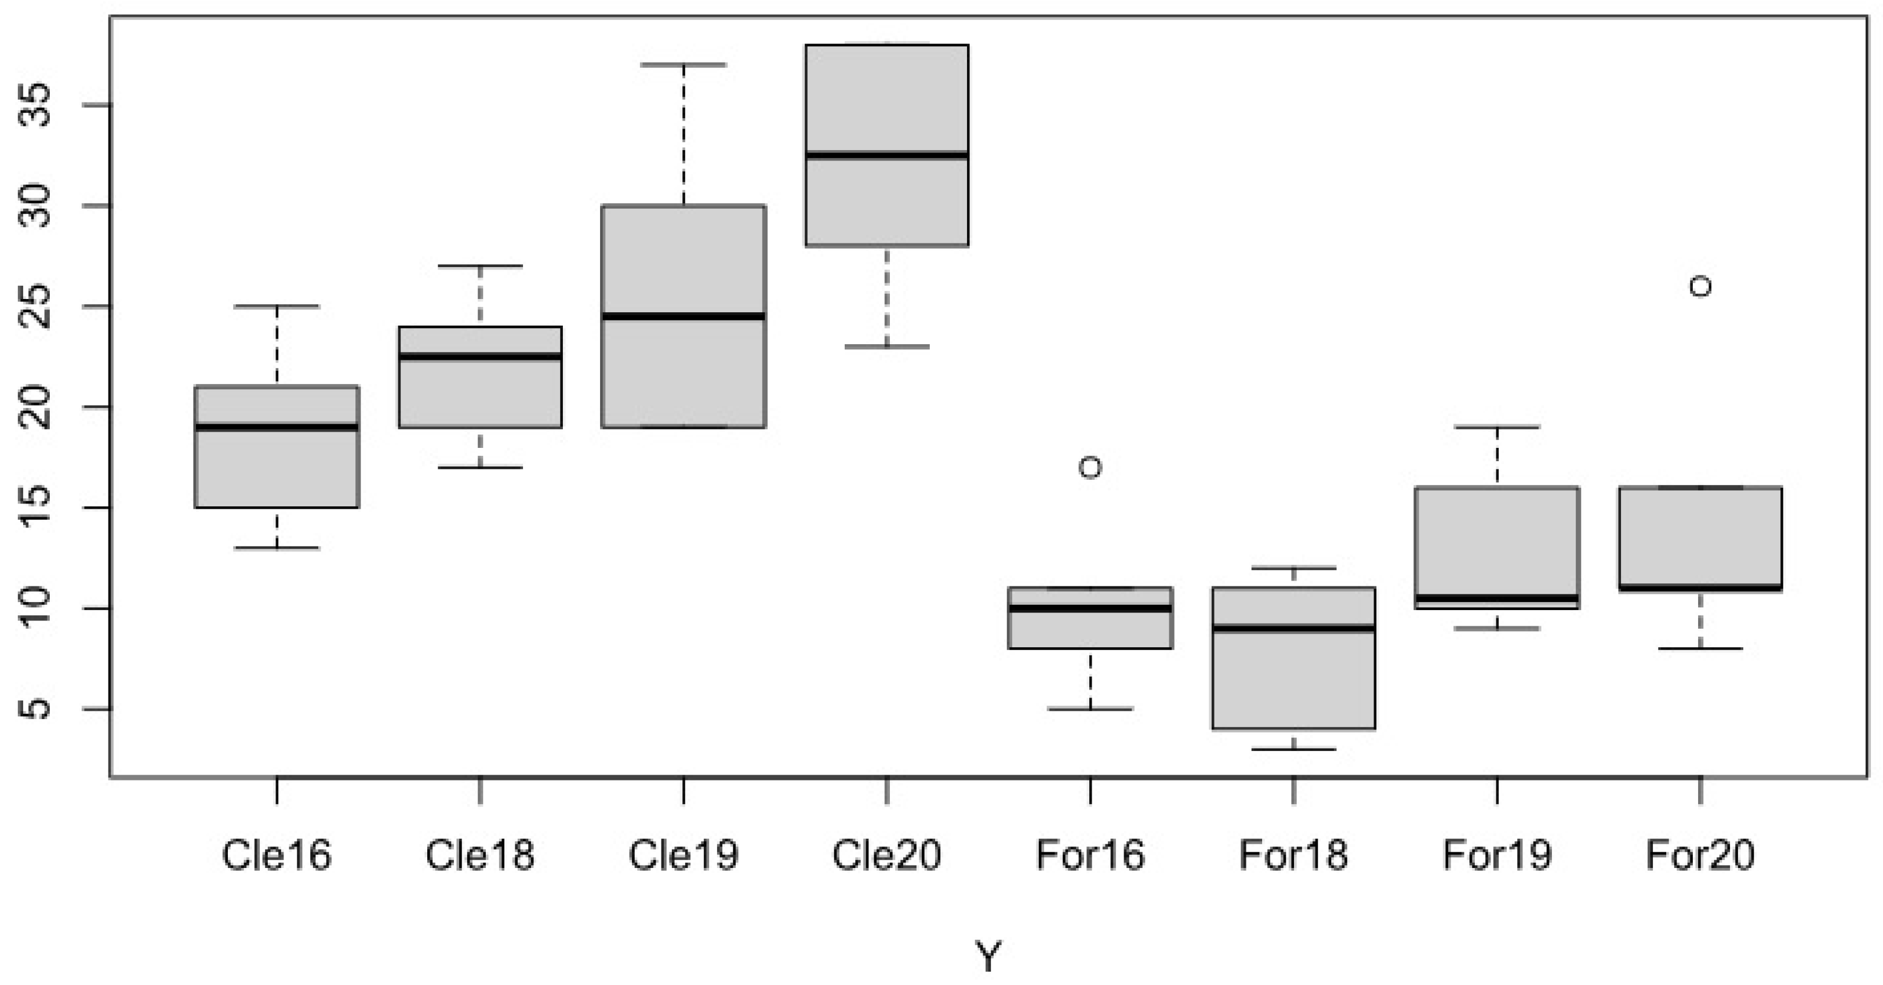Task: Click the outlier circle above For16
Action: tap(1090, 467)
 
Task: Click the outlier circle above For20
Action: tap(1700, 286)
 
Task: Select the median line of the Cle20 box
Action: tap(886, 155)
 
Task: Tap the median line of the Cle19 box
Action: tap(684, 316)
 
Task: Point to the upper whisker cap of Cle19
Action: tap(684, 65)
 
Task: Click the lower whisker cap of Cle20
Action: tap(886, 346)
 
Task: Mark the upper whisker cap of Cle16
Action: tap(277, 306)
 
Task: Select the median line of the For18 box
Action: tap(1294, 628)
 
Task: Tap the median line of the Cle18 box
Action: tap(480, 356)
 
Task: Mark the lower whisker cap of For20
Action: tap(1700, 648)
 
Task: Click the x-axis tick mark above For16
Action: tap(1090, 791)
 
